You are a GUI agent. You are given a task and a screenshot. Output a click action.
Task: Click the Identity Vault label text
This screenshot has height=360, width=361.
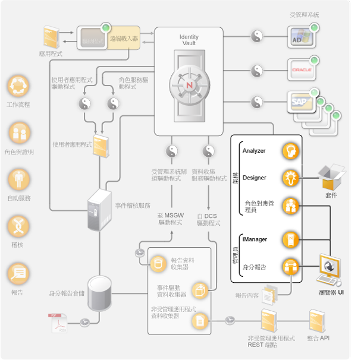pos(189,40)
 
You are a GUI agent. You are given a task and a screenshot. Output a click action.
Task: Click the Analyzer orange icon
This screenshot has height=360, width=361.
pos(290,150)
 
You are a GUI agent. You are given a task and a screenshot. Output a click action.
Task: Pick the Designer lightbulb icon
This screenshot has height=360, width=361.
pos(290,178)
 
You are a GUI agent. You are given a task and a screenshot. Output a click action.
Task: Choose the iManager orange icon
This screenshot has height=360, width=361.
pos(290,239)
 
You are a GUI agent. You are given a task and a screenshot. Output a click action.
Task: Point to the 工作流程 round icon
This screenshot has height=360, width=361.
pos(18,86)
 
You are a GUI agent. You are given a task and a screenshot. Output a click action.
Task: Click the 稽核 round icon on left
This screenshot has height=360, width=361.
pos(18,226)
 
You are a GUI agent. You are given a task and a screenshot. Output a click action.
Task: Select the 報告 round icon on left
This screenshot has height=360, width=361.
pos(18,273)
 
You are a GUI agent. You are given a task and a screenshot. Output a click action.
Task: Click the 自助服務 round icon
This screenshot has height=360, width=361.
pos(18,178)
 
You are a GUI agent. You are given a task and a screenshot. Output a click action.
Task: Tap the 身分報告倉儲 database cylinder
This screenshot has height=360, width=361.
pos(99,292)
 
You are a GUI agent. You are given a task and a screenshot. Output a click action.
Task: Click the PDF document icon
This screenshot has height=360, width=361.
pos(58,321)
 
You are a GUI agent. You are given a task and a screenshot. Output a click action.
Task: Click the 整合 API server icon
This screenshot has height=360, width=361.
pos(318,321)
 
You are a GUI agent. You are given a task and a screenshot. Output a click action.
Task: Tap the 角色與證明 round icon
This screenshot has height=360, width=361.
pos(18,132)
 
